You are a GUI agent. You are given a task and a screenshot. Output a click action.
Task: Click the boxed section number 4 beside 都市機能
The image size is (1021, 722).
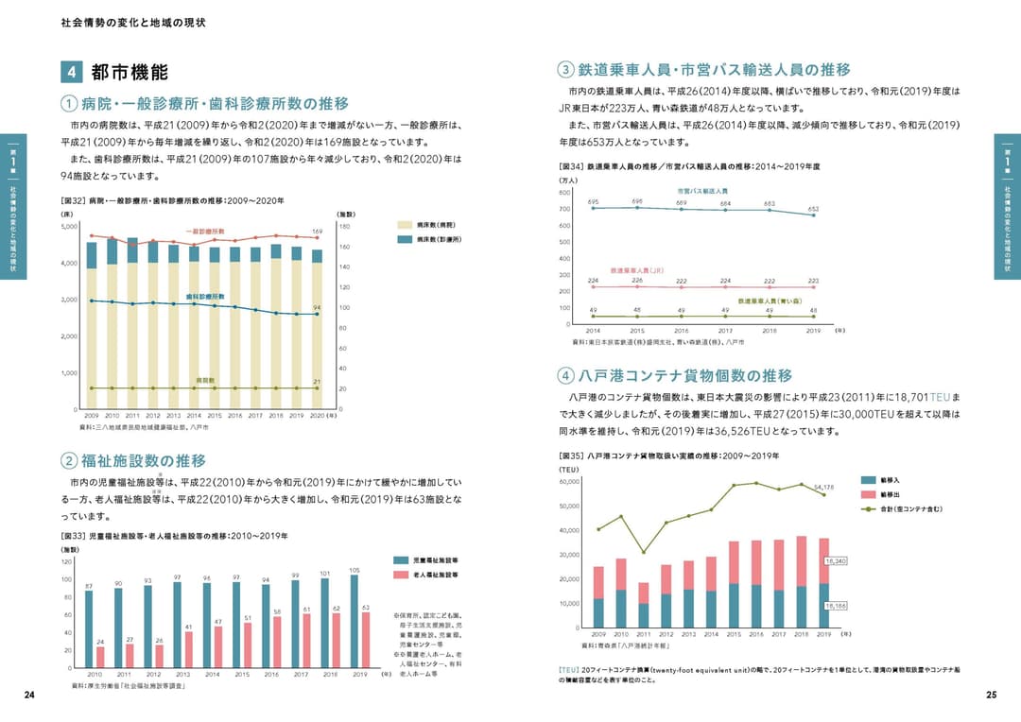coord(72,73)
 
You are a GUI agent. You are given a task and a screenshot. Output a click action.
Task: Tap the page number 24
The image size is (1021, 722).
coord(29,695)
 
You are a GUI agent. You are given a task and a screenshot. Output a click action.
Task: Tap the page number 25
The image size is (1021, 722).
coord(991,695)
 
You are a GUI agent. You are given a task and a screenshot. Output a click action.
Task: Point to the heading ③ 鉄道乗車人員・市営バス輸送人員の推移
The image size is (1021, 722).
coord(704,69)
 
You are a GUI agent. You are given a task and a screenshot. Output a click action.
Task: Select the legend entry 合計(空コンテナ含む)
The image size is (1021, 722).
coord(903,509)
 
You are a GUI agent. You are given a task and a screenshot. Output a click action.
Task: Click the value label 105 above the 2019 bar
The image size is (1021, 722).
coord(355,570)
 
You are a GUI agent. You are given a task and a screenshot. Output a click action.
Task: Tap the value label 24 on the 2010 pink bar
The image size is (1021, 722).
coord(100,642)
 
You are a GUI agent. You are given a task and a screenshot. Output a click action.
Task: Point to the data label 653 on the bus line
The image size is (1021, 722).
coord(813,209)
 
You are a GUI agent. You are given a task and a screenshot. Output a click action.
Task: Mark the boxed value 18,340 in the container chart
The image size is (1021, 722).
coord(836,560)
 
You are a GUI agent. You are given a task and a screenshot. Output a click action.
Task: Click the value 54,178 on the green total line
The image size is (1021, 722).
coord(823,488)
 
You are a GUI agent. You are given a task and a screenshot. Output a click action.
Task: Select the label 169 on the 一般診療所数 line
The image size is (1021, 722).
coord(318,231)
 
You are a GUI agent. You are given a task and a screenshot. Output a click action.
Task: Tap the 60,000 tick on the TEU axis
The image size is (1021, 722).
coord(568,482)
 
